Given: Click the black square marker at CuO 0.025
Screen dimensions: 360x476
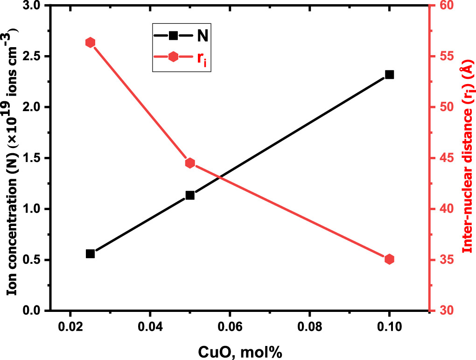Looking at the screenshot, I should click(91, 254).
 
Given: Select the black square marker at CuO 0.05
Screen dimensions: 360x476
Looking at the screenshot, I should click(190, 195).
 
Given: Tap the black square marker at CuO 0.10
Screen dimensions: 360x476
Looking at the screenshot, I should click(389, 75).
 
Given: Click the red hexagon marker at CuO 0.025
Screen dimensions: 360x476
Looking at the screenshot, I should click(91, 42).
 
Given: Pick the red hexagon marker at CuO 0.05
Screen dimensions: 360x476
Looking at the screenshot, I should click(190, 163).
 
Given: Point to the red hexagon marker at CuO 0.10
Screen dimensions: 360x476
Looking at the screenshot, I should click(389, 259).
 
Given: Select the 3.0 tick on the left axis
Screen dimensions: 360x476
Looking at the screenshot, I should click(32, 6).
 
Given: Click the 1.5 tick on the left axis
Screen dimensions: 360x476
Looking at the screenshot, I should click(32, 158).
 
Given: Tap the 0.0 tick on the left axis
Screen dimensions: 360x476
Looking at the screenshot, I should click(32, 311).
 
